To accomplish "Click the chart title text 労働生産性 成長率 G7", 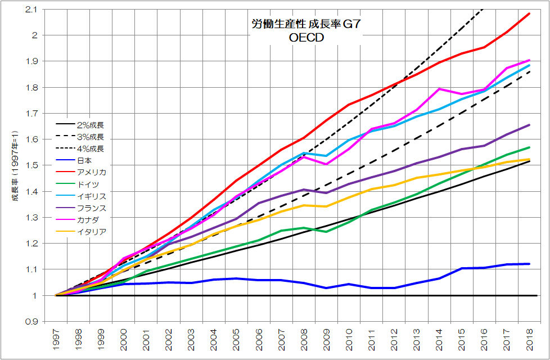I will tap(305, 25).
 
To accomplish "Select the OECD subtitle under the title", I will tap(305, 39).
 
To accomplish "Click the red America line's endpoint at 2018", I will tap(529, 13).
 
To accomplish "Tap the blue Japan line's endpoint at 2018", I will tap(529, 264).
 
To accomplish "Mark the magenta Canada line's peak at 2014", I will tap(439, 89).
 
